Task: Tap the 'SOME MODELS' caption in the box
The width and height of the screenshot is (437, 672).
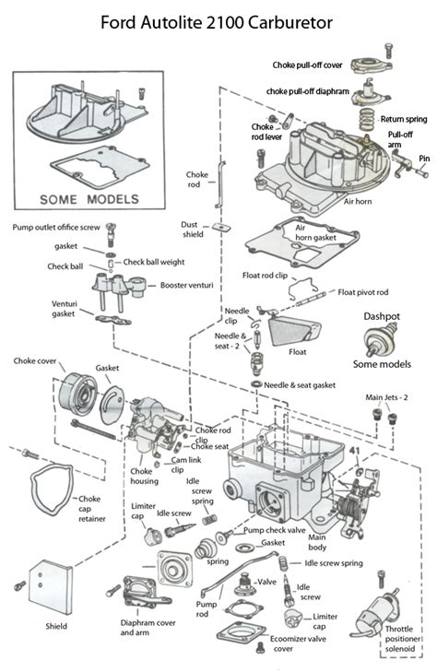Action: (x=89, y=197)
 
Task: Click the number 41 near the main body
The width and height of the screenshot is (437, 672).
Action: (x=353, y=450)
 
